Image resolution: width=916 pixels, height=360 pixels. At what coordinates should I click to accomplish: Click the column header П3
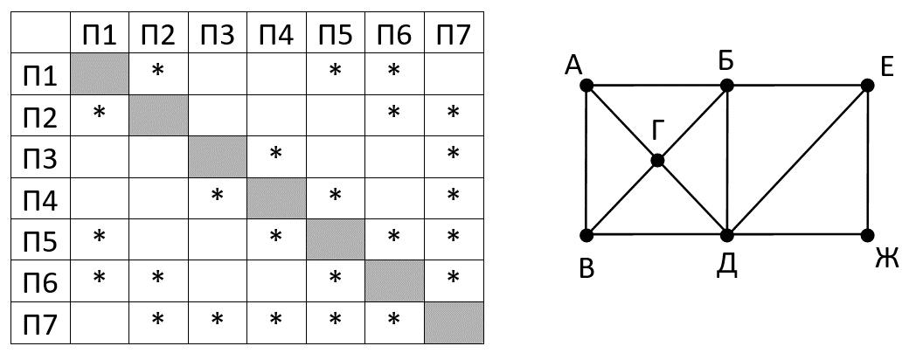217,35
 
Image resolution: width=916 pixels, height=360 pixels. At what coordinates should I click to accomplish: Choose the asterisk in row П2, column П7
453,114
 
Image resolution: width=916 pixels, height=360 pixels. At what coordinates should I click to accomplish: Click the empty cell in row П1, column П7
453,73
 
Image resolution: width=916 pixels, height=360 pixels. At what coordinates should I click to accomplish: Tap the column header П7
453,35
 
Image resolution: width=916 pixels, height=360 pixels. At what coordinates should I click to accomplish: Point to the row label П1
40,75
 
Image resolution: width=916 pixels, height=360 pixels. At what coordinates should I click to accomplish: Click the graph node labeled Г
657,160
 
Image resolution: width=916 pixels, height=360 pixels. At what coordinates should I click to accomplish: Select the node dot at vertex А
586,86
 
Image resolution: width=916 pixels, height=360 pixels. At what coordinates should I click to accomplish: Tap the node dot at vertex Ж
867,235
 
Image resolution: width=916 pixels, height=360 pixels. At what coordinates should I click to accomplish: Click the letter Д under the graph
726,265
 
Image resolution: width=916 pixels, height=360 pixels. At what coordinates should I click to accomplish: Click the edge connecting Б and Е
795,86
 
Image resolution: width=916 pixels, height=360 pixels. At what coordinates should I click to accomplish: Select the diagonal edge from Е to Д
796,161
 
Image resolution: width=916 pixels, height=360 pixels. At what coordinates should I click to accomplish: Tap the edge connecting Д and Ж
797,235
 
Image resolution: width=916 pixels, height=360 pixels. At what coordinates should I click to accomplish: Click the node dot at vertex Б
726,86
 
